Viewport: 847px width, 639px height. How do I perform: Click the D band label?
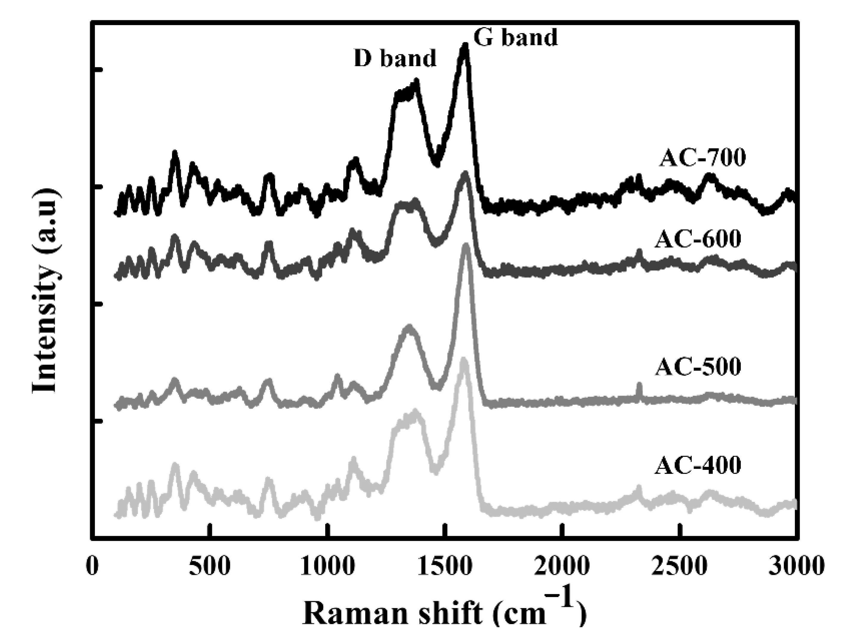click(x=395, y=58)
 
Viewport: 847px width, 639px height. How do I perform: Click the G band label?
click(x=515, y=38)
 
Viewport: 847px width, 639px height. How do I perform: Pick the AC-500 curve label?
click(x=698, y=366)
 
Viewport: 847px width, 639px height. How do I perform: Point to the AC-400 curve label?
click(x=698, y=465)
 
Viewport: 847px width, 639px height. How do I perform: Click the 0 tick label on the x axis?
click(x=92, y=566)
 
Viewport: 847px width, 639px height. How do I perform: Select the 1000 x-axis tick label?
click(x=327, y=566)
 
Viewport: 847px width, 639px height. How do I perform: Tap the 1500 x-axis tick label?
click(x=444, y=566)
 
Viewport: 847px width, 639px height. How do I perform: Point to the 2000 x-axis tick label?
click(x=562, y=566)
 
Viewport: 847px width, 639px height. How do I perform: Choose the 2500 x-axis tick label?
click(x=679, y=566)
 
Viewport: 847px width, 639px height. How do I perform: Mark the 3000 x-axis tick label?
click(x=796, y=566)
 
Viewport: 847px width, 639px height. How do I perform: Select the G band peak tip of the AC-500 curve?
click(x=466, y=245)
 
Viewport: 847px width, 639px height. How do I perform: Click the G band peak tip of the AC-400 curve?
click(x=463, y=359)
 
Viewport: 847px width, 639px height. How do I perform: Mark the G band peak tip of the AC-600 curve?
click(x=465, y=173)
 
